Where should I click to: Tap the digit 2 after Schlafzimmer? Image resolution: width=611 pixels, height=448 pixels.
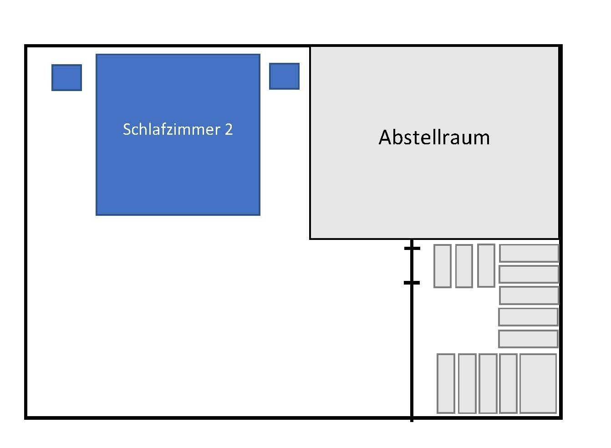(x=229, y=129)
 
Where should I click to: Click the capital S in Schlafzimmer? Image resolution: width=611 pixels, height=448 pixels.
(x=127, y=129)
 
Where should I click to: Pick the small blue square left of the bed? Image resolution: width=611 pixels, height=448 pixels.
(x=66, y=77)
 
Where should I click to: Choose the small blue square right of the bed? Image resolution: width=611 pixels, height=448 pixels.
(x=284, y=76)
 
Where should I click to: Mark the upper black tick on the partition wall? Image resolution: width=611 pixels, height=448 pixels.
(x=412, y=248)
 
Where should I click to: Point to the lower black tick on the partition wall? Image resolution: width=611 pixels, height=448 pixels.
(x=412, y=283)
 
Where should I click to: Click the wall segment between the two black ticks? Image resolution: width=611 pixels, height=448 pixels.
(x=412, y=265)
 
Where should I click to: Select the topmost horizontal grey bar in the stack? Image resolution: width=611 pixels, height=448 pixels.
(x=529, y=253)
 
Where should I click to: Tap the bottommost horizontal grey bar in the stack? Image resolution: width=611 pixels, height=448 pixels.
(x=528, y=339)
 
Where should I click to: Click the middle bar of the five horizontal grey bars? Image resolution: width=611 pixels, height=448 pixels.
(x=529, y=295)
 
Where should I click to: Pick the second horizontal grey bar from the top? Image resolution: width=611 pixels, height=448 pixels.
(x=529, y=274)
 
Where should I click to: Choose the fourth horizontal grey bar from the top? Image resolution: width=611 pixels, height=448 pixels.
(x=528, y=317)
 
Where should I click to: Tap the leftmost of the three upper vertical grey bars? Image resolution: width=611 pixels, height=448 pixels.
(x=442, y=266)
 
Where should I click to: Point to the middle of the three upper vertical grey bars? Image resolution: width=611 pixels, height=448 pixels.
(x=464, y=266)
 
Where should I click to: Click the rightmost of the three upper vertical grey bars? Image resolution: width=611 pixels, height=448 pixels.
(x=486, y=265)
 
